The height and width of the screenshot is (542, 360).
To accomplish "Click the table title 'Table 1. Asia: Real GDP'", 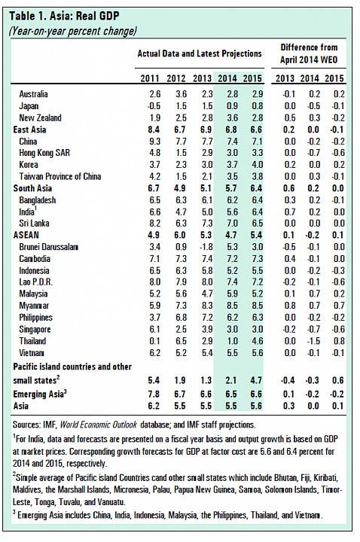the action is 64,16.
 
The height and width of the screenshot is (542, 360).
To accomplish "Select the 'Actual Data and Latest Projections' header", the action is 200,53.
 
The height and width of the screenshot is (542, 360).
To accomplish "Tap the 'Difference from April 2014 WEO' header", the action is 309,53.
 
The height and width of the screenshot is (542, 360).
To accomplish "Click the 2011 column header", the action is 150,78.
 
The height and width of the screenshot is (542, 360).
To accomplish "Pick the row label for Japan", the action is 29,106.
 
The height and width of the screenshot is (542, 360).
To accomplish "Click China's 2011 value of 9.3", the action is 154,142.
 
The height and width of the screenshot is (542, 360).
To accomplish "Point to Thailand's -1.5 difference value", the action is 313,341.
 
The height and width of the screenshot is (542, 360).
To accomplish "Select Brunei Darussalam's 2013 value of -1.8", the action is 206,247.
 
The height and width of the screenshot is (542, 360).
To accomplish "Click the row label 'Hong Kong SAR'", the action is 44,153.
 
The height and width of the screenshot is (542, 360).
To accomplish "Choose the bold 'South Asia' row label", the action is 32,188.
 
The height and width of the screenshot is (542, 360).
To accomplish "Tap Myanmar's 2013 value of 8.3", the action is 206,306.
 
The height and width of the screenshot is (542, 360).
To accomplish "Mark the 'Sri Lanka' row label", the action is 34,224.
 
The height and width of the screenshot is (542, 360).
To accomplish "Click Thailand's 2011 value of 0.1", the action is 154,341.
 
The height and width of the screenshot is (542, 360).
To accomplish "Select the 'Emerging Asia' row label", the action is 38,394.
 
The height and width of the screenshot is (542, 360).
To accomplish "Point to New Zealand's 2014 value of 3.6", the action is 232,118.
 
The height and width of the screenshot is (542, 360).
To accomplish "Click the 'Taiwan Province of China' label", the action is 60,177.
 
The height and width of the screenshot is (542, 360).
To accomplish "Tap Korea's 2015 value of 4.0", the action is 257,165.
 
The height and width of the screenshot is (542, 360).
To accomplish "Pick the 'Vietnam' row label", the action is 32,353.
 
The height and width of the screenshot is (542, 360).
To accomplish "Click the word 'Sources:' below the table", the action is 26,425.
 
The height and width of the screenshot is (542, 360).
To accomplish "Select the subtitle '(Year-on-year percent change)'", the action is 72,32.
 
